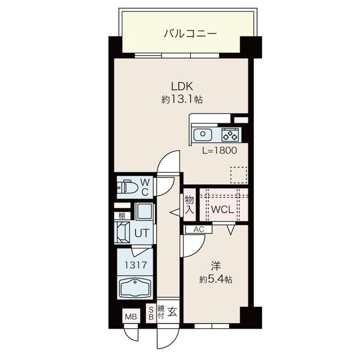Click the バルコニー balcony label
pos(190,34)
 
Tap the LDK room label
pos(182,86)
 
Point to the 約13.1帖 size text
pos(182,100)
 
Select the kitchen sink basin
pos(203,135)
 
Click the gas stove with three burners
pos(230,135)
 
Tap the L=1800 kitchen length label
pos(219,151)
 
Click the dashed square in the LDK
pos(239,175)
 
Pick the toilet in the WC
pos(127,187)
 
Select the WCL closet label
pos(222,209)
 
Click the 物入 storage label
pos(190,205)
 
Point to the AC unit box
pos(199,229)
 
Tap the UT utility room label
pos(142,233)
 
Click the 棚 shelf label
pos(122,216)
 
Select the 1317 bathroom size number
pos(136,265)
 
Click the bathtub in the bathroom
pos(135,288)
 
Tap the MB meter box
pos(131,317)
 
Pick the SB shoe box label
pos(151,313)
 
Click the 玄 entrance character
pos(172,311)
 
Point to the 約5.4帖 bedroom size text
pos(216,279)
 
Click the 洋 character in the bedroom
pos(216,266)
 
